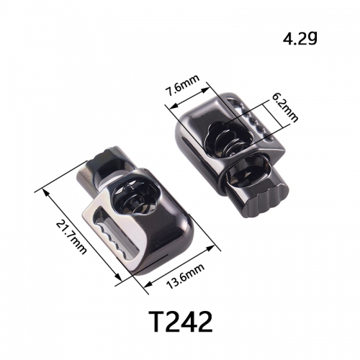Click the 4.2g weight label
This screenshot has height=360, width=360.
click(300, 39)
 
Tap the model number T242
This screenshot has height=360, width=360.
click(181, 321)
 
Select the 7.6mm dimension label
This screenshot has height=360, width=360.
click(183, 85)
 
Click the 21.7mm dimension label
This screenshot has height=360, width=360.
click(71, 238)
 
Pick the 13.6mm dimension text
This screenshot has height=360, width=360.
click(186, 276)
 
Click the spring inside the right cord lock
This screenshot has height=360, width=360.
click(227, 142)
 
